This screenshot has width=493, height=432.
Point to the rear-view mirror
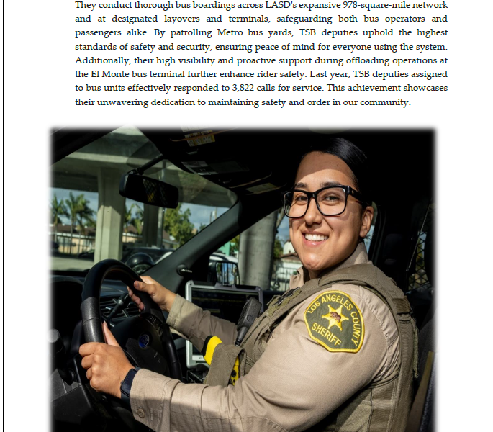click(149, 191)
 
